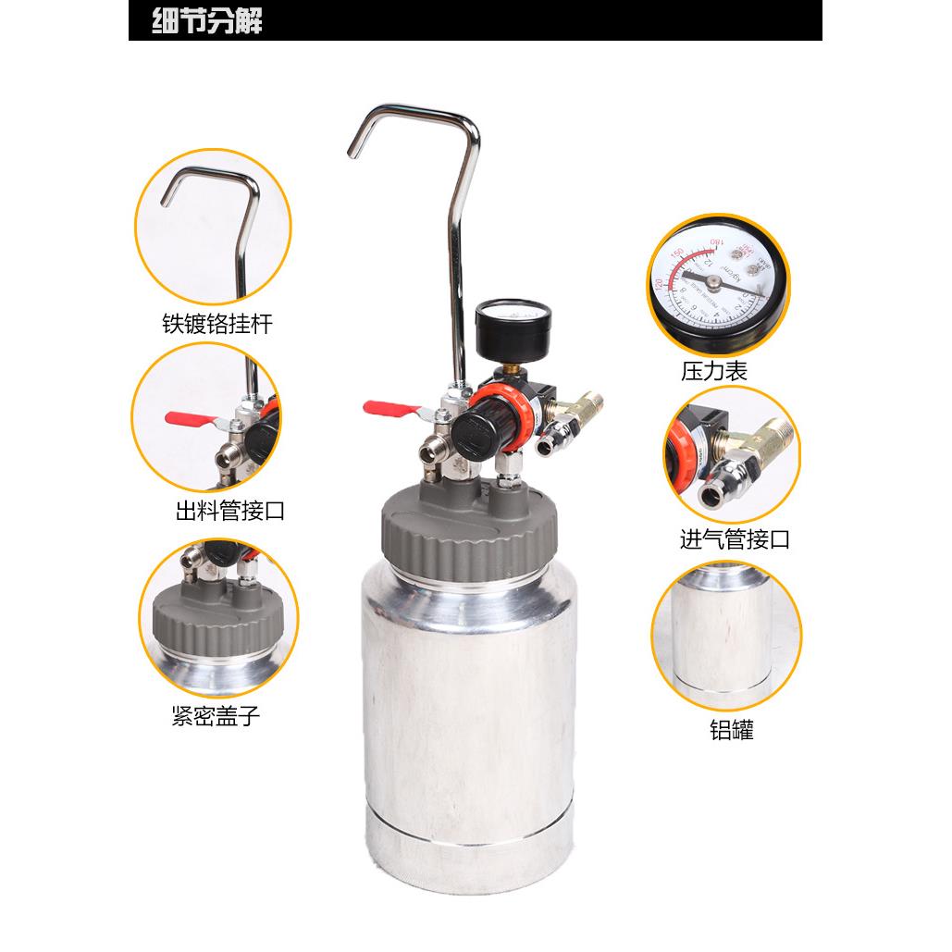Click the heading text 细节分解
(208, 21)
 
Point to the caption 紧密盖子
(216, 716)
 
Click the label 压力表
(714, 372)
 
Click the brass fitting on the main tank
(583, 406)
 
